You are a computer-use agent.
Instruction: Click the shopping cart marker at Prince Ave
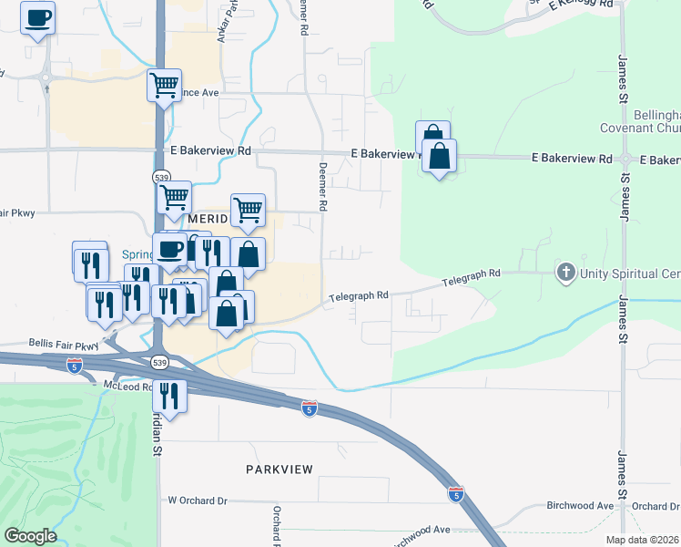click(x=164, y=86)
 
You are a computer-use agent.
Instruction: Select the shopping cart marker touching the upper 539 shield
click(x=174, y=196)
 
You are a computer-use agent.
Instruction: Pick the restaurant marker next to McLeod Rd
click(x=169, y=395)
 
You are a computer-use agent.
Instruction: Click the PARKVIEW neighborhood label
click(x=280, y=469)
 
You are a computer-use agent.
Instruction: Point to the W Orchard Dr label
click(x=198, y=501)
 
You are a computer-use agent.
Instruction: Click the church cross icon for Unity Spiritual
click(x=565, y=273)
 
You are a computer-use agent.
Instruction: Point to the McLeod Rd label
click(x=125, y=387)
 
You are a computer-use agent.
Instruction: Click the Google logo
click(x=29, y=536)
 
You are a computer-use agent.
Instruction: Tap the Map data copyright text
click(x=642, y=540)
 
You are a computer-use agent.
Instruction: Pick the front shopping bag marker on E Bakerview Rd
click(x=440, y=157)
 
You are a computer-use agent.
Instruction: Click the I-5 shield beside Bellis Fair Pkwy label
click(x=75, y=366)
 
